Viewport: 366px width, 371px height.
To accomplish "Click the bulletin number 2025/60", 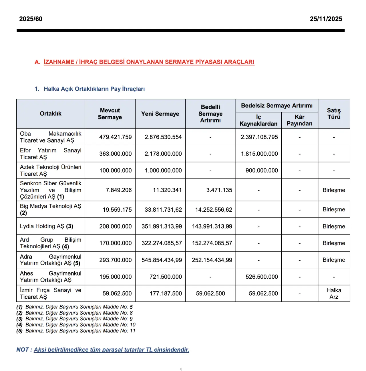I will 31,19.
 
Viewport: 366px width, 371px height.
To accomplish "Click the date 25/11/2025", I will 326,19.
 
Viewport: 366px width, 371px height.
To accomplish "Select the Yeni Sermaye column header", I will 160,114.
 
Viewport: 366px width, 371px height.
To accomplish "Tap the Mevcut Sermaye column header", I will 110,114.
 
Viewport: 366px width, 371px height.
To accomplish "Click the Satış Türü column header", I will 334,114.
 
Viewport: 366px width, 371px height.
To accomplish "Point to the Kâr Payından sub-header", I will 299,120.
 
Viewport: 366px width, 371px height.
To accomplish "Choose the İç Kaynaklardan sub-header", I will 258,120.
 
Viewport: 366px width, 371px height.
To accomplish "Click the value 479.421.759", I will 116,137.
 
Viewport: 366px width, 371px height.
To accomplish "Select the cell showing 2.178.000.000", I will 163,154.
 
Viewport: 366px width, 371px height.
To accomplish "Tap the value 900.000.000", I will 262,170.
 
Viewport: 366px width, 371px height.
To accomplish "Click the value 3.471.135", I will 219,190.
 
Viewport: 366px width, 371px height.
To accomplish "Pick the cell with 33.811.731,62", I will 163,210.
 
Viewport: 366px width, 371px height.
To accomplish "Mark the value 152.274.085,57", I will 212,243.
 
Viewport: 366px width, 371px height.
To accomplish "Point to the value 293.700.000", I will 116,260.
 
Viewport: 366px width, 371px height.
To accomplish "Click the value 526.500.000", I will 262,277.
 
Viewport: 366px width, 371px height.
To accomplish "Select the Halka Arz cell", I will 334,293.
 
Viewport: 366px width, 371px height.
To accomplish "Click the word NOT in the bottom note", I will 23,350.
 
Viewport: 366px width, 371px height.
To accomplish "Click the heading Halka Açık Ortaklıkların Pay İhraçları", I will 94,89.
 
